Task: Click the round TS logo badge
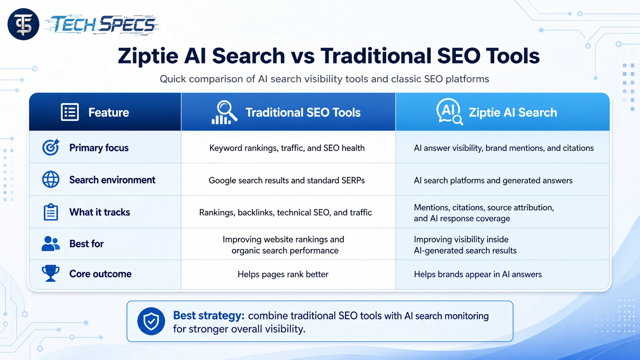pyautogui.click(x=23, y=24)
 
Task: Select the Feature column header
pyautogui.click(x=108, y=112)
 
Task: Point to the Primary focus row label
pyautogui.click(x=99, y=148)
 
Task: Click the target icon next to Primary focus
pyautogui.click(x=51, y=147)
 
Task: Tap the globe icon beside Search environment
pyautogui.click(x=51, y=179)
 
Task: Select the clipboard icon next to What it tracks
pyautogui.click(x=51, y=212)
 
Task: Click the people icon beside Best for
pyautogui.click(x=51, y=244)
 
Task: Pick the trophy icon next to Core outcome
pyautogui.click(x=51, y=273)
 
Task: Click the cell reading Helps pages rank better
pyautogui.click(x=283, y=274)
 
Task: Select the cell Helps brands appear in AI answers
pyautogui.click(x=478, y=274)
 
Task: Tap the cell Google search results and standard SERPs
pyautogui.click(x=287, y=181)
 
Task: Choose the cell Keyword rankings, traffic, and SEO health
pyautogui.click(x=287, y=148)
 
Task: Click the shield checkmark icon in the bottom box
pyautogui.click(x=151, y=321)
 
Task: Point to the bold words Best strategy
pyautogui.click(x=209, y=316)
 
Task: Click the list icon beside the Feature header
pyautogui.click(x=70, y=112)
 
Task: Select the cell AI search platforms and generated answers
pyautogui.click(x=493, y=181)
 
